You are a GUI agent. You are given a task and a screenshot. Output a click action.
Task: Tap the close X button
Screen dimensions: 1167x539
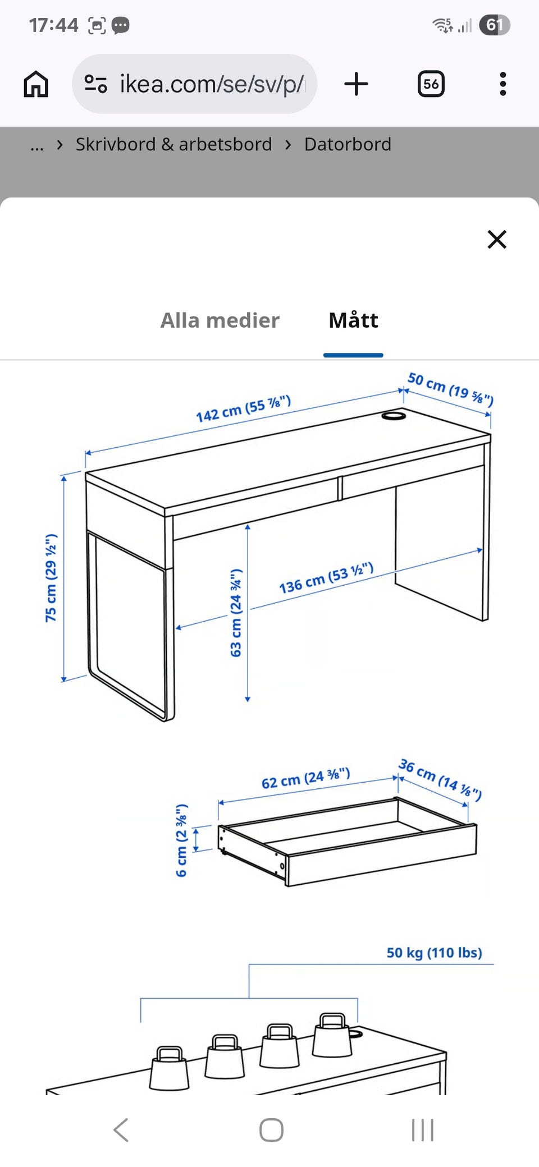tap(497, 240)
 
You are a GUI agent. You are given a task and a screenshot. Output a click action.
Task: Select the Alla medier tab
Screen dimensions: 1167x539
tap(220, 320)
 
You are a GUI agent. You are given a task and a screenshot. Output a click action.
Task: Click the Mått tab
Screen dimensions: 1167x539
tap(353, 320)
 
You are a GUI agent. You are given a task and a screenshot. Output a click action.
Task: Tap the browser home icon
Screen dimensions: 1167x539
tap(36, 84)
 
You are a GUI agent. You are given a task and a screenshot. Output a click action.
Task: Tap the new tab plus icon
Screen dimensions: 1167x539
tap(356, 84)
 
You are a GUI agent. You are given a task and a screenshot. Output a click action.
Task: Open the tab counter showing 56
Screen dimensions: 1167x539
tap(431, 84)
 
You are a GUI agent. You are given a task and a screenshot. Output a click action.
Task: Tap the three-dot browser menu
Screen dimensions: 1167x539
tap(503, 84)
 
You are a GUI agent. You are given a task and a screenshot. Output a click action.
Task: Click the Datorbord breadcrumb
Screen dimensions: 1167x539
tap(348, 145)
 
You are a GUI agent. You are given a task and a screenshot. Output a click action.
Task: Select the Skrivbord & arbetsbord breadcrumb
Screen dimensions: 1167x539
tap(173, 145)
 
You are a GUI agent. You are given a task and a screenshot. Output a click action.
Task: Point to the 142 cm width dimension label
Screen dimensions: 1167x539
tap(243, 408)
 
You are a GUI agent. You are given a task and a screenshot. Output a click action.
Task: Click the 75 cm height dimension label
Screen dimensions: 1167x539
tap(51, 578)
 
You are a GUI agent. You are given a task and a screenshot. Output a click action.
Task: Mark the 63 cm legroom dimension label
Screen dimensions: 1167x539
tap(236, 613)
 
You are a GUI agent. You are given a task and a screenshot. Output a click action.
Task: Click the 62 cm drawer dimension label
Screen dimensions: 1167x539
tap(306, 778)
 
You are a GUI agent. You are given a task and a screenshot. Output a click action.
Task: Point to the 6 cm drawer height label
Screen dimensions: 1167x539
tap(181, 840)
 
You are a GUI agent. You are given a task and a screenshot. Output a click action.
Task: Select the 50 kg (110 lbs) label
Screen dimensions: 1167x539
tap(434, 953)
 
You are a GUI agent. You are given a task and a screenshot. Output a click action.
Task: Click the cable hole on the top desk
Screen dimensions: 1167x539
tap(394, 416)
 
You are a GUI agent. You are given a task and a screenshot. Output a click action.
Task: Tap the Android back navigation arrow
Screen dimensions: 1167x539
tap(121, 1129)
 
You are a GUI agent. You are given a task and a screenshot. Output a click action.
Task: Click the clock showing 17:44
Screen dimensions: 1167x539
tap(53, 25)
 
